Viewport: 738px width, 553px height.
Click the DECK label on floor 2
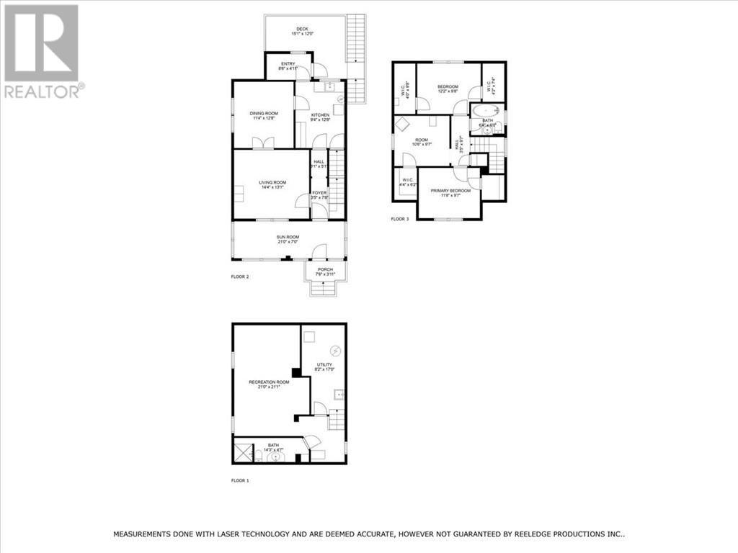coord(302,28)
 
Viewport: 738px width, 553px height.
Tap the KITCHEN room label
coord(320,114)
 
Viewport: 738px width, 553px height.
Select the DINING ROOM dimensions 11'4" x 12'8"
coord(264,119)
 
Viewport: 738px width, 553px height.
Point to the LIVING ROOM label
coord(272,182)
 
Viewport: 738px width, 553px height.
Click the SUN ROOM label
coord(288,237)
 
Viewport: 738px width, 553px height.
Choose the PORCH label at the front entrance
coord(324,269)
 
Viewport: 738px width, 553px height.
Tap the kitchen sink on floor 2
coord(329,87)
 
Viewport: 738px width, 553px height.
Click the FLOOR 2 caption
coord(239,276)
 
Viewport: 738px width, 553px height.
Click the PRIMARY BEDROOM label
coord(450,190)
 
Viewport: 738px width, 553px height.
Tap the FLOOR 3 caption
coord(400,219)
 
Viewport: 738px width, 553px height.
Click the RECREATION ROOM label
coord(269,382)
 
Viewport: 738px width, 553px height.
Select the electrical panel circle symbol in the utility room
coord(335,351)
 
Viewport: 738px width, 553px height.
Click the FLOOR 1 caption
coord(239,480)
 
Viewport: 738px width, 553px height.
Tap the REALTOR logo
coord(43,50)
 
